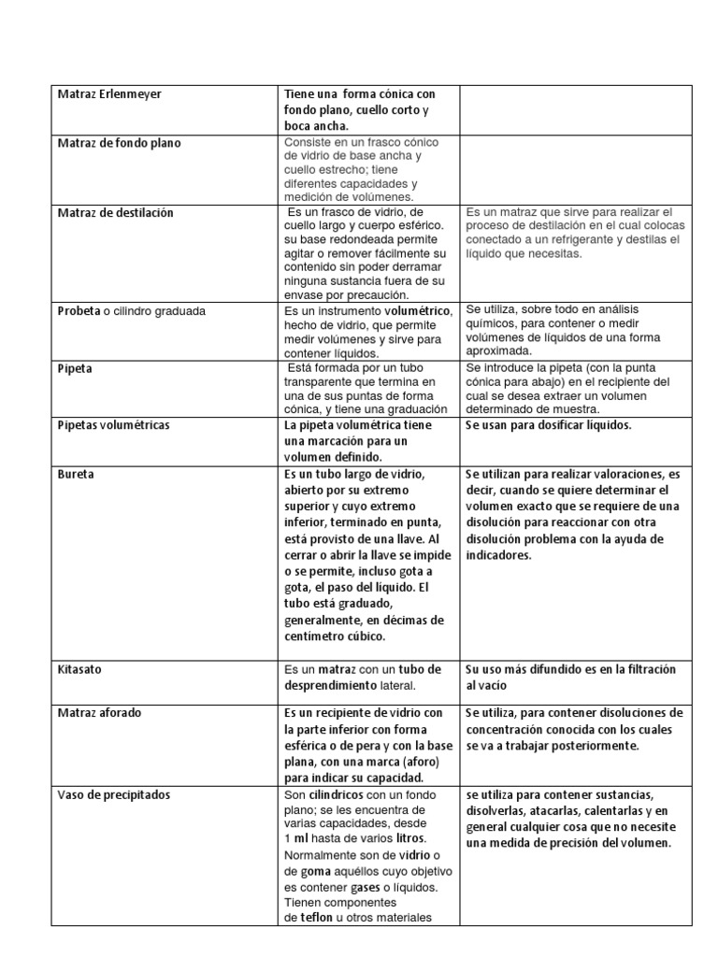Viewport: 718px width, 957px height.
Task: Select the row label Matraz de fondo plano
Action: point(119,143)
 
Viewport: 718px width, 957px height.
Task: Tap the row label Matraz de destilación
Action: point(115,213)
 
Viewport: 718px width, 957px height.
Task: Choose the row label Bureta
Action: point(76,474)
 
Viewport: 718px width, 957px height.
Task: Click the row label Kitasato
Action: point(79,670)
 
